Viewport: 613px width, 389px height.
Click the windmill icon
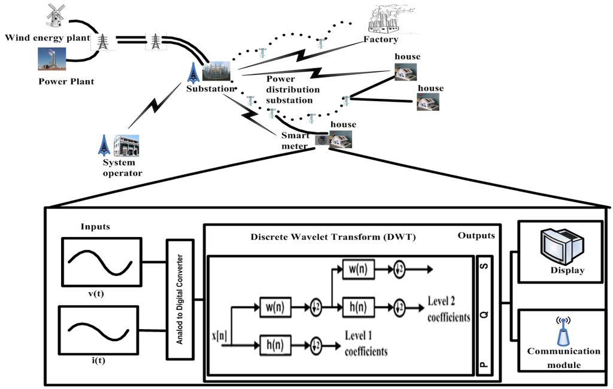tap(55, 15)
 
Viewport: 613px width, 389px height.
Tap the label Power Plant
tap(66, 81)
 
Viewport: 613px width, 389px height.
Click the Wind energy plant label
tap(47, 38)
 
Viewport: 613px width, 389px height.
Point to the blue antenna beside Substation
tap(193, 72)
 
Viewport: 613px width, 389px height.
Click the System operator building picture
tap(126, 145)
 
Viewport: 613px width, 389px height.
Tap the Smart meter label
tap(295, 141)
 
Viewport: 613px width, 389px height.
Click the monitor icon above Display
tap(561, 245)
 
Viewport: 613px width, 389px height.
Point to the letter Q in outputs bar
tap(484, 312)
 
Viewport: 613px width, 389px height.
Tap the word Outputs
tap(477, 235)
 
